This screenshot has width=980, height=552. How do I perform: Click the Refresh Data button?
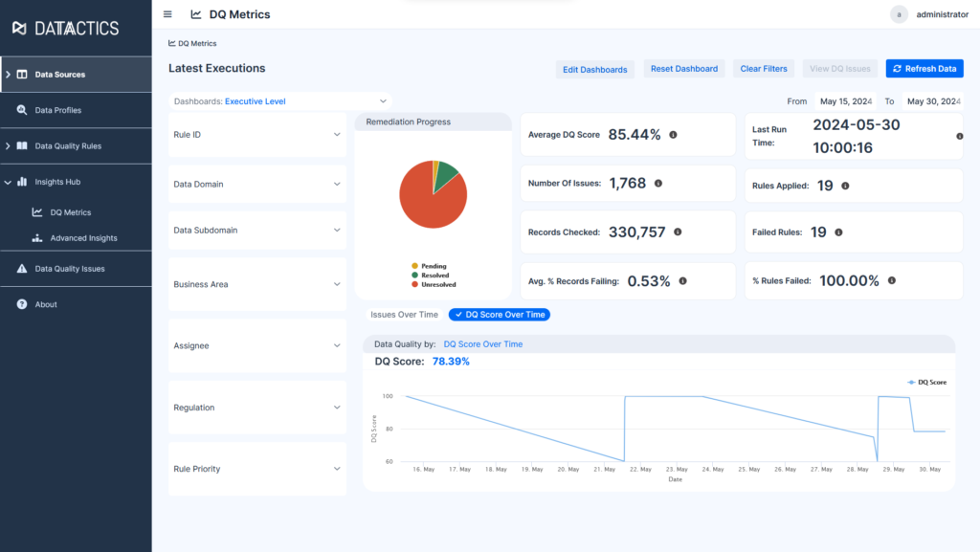pyautogui.click(x=924, y=69)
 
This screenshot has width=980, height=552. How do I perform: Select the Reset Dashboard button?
pyautogui.click(x=684, y=69)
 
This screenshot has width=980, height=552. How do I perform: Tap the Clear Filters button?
pyautogui.click(x=764, y=69)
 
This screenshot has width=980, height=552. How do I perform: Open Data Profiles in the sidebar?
pyautogui.click(x=58, y=110)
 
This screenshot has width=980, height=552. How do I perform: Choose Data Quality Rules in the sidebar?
pyautogui.click(x=68, y=146)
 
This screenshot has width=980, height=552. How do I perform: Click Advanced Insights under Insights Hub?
pyautogui.click(x=83, y=238)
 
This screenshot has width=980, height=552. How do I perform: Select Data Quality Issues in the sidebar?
pyautogui.click(x=70, y=269)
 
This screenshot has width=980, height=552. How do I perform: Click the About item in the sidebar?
pyautogui.click(x=46, y=304)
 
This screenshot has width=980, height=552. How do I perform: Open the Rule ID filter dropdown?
pyautogui.click(x=256, y=135)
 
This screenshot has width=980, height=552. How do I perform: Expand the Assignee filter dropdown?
pyautogui.click(x=256, y=345)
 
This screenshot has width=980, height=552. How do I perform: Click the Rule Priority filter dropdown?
pyautogui.click(x=256, y=469)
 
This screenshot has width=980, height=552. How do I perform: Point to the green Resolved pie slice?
pyautogui.click(x=448, y=176)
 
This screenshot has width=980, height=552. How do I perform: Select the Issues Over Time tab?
pyautogui.click(x=404, y=314)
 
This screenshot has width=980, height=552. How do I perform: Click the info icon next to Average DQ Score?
pyautogui.click(x=673, y=135)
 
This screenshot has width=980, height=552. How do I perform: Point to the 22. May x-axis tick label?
pyautogui.click(x=640, y=469)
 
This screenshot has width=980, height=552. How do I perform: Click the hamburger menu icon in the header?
pyautogui.click(x=168, y=14)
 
